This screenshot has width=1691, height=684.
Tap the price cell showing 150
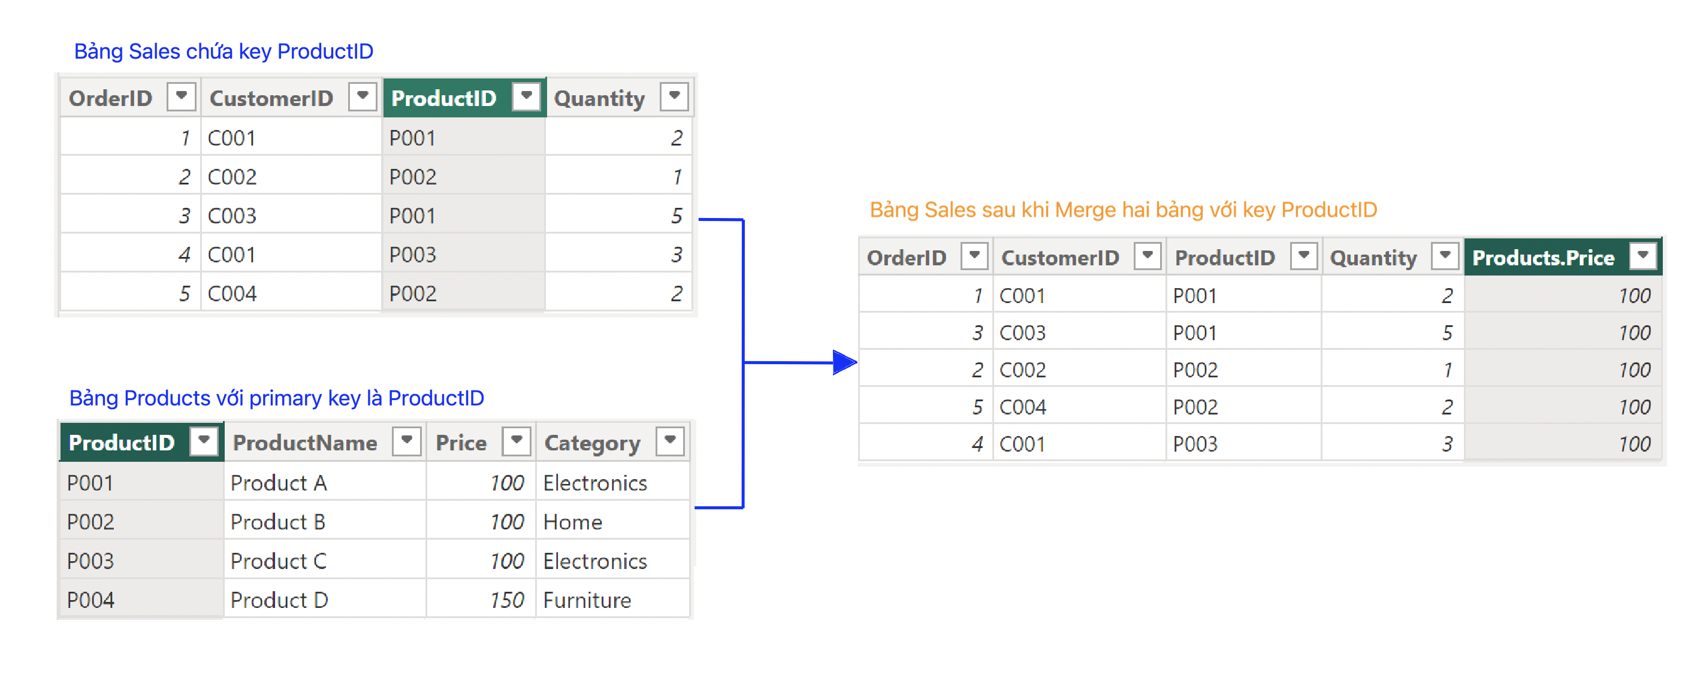point(481,600)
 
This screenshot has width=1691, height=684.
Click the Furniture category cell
point(613,600)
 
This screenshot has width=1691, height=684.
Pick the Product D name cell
point(325,600)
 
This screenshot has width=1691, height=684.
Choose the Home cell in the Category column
point(613,522)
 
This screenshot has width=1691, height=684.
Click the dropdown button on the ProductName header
point(406,440)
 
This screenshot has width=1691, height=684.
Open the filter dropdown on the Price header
point(517,440)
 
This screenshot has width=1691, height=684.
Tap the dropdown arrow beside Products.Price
point(1643,255)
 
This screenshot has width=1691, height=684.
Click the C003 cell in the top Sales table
point(291,215)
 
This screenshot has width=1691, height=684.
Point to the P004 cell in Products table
point(141,600)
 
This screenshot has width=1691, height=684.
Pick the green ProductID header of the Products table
point(142,442)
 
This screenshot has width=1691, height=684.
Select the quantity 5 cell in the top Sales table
point(619,215)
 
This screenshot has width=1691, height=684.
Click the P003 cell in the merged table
point(1243,444)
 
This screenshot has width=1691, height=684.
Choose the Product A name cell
point(325,483)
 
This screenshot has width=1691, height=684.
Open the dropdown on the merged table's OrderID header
point(974,255)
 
